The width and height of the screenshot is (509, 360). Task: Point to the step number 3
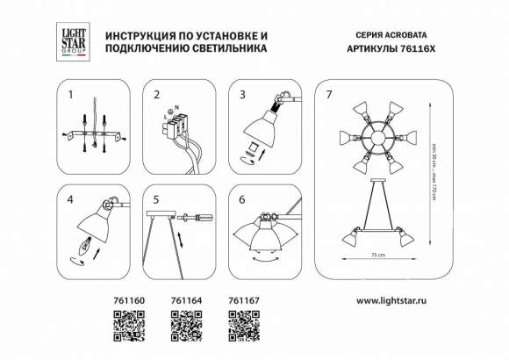click(243, 94)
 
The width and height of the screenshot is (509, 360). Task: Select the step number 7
click(329, 94)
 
